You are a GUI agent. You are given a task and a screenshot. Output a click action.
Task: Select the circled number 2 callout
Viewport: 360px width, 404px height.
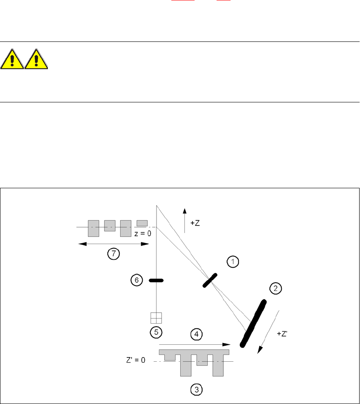click(x=275, y=289)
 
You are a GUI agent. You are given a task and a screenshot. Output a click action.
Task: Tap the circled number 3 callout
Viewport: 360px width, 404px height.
click(x=195, y=390)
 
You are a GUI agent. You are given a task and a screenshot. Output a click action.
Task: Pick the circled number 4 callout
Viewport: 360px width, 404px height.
click(x=196, y=334)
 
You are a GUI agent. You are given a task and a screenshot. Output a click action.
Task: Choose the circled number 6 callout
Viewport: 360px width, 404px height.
click(x=137, y=280)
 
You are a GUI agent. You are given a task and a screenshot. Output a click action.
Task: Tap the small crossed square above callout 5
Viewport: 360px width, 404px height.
click(x=157, y=318)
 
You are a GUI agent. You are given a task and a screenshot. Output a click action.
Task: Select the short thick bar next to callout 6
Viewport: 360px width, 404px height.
click(x=156, y=280)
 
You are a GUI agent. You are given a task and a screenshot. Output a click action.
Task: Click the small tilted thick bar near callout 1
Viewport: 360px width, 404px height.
click(x=210, y=280)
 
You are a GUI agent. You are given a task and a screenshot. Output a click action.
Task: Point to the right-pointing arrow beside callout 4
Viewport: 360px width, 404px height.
click(x=195, y=344)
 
